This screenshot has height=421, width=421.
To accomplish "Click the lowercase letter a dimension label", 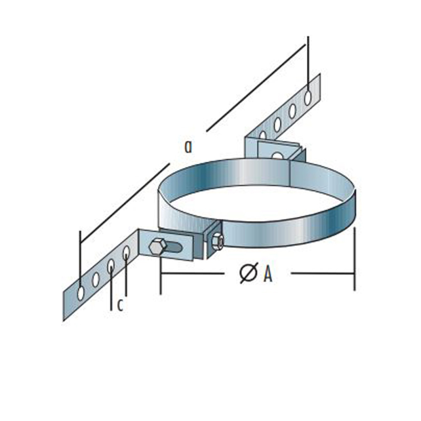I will coord(188,147).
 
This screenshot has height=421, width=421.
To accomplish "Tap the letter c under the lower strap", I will coord(120,306).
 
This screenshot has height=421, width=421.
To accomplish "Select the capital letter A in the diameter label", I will coord(267,274).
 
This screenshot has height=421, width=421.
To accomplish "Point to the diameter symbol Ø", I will coord(248,274).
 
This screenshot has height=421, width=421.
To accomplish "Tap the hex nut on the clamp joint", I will coord(216,242).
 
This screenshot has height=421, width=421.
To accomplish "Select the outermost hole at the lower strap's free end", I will coord(81,293).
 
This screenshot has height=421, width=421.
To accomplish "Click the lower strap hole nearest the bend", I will coord(126,253).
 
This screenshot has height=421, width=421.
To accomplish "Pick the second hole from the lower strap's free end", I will coord(96,280).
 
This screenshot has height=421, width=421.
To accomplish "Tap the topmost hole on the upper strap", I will coord(308,95).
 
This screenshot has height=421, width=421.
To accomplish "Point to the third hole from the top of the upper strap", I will coord(277,124).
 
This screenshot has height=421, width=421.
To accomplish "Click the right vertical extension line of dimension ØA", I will coord(354,258).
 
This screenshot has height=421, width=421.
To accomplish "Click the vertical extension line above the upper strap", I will coord(308,55).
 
